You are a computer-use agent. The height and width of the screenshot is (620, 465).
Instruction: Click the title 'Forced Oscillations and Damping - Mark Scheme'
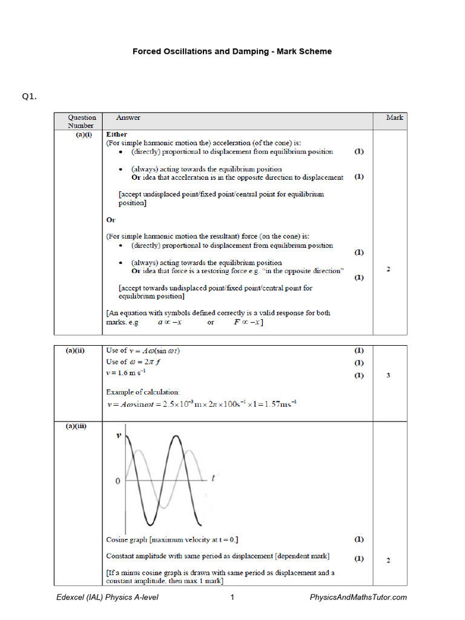coord(232,51)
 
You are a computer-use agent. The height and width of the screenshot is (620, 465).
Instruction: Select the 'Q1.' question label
coord(30,96)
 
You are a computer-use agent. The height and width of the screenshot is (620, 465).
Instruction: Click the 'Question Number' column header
coord(81,121)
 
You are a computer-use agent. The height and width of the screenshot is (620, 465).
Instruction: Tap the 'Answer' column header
coord(128,117)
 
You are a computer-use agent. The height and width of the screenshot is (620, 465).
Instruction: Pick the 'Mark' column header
coord(394,117)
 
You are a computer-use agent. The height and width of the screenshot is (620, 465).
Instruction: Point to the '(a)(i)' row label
coord(81,134)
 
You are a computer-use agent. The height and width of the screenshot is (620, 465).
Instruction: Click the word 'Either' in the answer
coord(117,134)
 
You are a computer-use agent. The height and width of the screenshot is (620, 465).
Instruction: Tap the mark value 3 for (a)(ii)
coord(388,375)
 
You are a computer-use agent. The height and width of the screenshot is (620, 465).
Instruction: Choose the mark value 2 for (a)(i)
coord(388,269)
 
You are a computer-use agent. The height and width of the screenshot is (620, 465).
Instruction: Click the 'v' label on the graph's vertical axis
coord(119,435)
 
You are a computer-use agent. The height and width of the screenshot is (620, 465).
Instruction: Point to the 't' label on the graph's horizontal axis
coord(213,478)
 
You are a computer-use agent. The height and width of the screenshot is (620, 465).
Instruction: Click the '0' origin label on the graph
coord(119,481)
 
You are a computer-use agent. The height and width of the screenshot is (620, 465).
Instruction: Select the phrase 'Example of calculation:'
coord(143,392)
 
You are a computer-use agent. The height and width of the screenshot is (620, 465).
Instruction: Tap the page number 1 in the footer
coord(232,598)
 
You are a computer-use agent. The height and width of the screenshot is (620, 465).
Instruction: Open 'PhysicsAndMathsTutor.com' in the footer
coord(358,598)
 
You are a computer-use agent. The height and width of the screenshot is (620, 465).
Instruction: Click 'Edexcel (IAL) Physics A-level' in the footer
coord(107,598)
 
